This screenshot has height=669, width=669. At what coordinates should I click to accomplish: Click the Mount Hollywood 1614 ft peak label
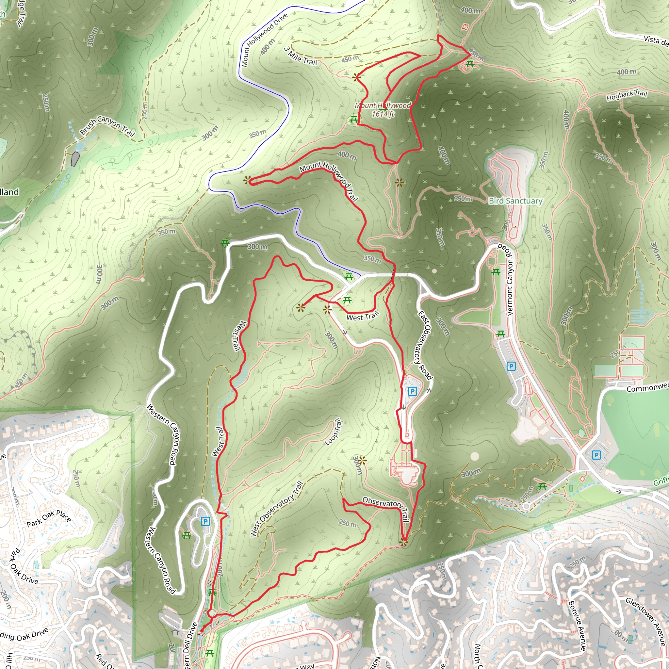(383, 109)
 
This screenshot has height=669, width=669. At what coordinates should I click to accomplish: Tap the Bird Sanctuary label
(515, 201)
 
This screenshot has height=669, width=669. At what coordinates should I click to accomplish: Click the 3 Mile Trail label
(301, 57)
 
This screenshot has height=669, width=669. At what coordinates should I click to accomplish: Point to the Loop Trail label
(334, 432)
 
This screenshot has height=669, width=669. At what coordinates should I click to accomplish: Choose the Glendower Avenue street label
(645, 621)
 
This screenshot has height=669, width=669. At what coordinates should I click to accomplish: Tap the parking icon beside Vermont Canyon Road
(511, 366)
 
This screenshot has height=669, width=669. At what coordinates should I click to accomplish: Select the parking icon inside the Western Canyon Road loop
(205, 521)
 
